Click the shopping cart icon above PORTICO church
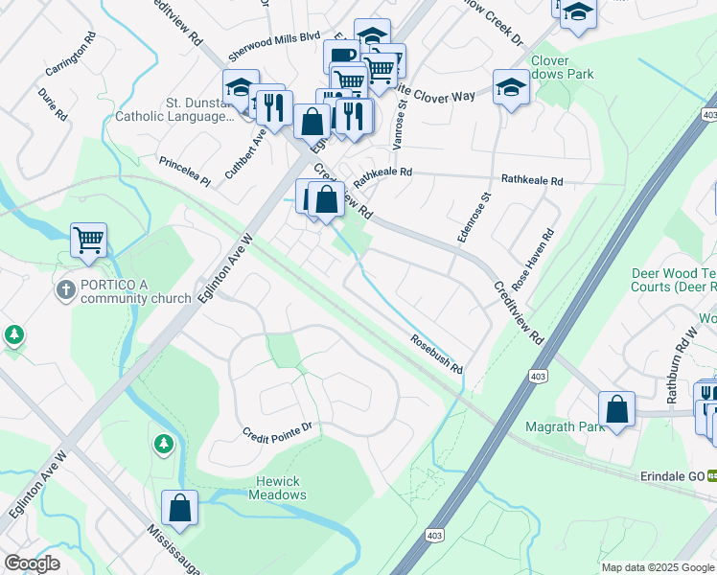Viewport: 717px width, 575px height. point(88,240)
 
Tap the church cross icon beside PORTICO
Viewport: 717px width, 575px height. point(65,290)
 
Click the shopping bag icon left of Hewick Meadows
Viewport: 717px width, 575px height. point(179,507)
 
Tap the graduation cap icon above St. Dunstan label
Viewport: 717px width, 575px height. point(241,87)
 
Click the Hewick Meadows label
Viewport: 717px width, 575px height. point(278,488)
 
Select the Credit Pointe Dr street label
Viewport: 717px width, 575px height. point(277,427)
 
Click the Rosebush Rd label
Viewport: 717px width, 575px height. point(437,354)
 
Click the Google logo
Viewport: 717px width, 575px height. point(32,563)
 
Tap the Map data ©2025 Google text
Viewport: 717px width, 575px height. point(657,567)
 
